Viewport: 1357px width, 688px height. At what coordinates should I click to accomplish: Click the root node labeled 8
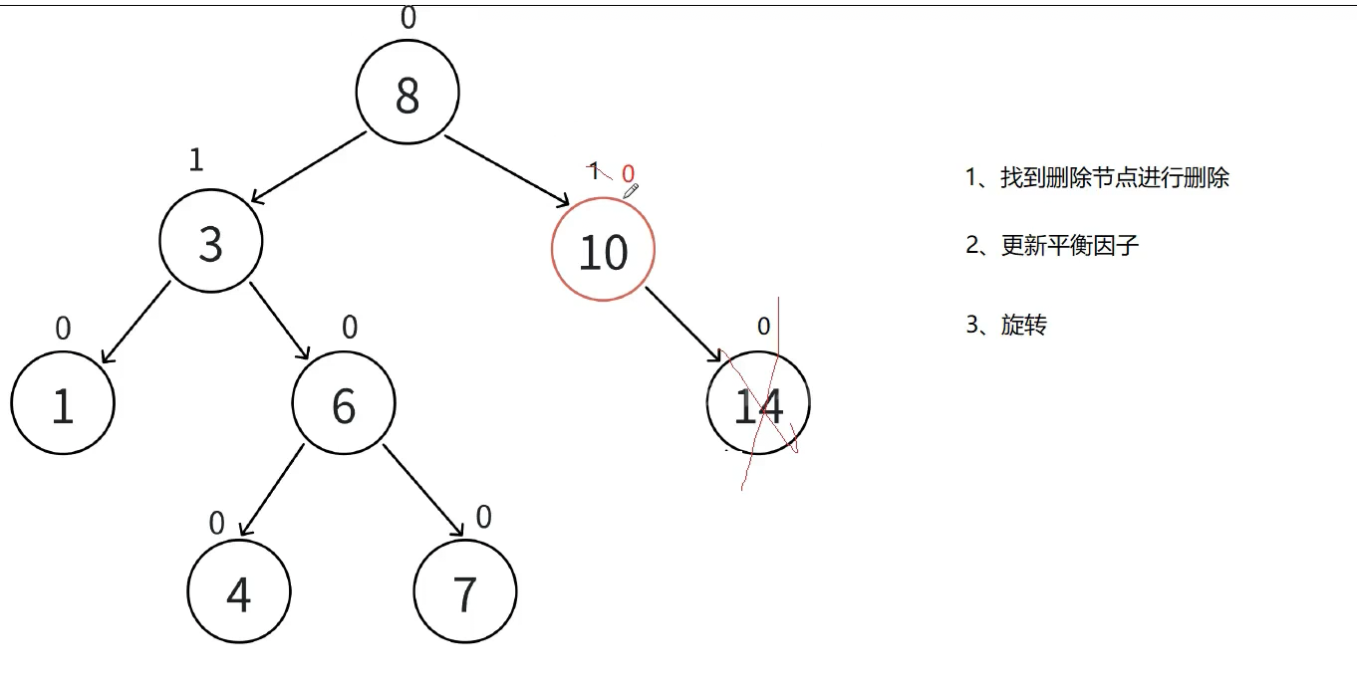tap(407, 93)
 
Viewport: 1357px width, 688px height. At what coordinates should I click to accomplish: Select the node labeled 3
tap(211, 242)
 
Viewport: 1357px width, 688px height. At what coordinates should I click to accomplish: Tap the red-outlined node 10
tap(603, 250)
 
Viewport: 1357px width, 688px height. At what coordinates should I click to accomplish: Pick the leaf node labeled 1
tap(63, 403)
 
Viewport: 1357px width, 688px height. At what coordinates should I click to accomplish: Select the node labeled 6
tap(344, 403)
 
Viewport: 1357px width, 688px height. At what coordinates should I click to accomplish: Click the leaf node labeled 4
tap(239, 592)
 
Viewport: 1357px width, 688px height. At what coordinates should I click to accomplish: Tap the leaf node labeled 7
tap(465, 592)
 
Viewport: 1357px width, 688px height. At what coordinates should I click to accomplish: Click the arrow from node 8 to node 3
tap(309, 168)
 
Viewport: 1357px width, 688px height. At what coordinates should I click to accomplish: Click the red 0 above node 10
tap(628, 174)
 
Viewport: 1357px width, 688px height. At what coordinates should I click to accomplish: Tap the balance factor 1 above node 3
tap(196, 160)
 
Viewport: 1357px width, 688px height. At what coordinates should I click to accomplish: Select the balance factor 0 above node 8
tap(407, 18)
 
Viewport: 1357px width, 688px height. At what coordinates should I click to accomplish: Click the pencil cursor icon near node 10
tap(630, 190)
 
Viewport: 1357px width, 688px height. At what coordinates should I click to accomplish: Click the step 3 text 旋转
tap(1023, 325)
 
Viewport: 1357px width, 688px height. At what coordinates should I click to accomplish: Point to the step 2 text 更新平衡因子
tap(1069, 246)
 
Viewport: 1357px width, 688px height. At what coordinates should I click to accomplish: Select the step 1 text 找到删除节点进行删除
tap(1115, 178)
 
